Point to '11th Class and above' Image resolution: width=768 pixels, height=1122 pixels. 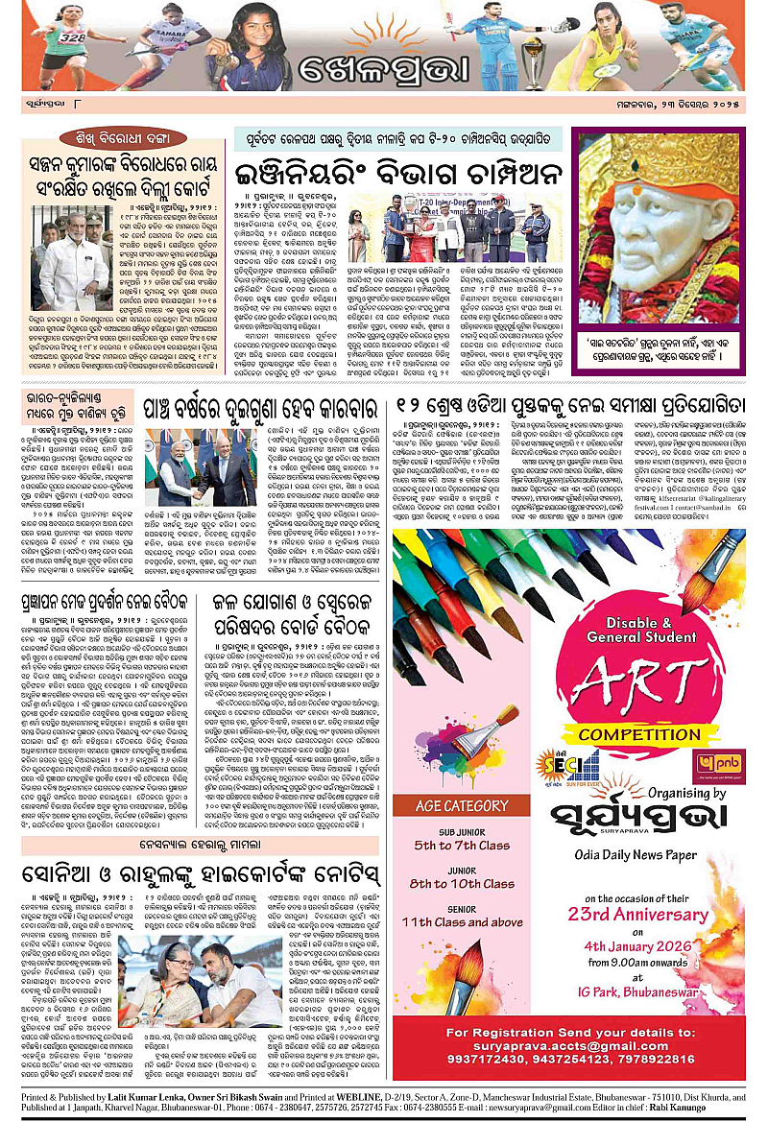coord(470,922)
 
